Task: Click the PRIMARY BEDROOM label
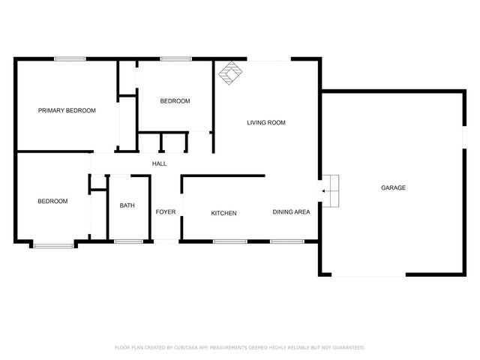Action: click(x=67, y=110)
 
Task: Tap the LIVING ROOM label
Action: click(x=266, y=122)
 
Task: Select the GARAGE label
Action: click(x=393, y=187)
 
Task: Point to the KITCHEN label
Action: click(x=223, y=213)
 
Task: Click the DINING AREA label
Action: click(x=291, y=212)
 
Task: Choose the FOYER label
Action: click(x=166, y=212)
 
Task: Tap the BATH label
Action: click(x=127, y=205)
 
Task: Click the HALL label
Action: click(x=160, y=163)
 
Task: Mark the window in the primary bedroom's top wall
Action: click(x=70, y=58)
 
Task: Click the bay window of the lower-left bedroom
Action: click(x=53, y=244)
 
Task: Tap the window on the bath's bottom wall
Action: click(x=128, y=241)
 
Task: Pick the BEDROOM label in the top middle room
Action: click(x=175, y=101)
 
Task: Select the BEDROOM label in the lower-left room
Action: click(x=52, y=201)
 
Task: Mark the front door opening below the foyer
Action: click(x=166, y=241)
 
